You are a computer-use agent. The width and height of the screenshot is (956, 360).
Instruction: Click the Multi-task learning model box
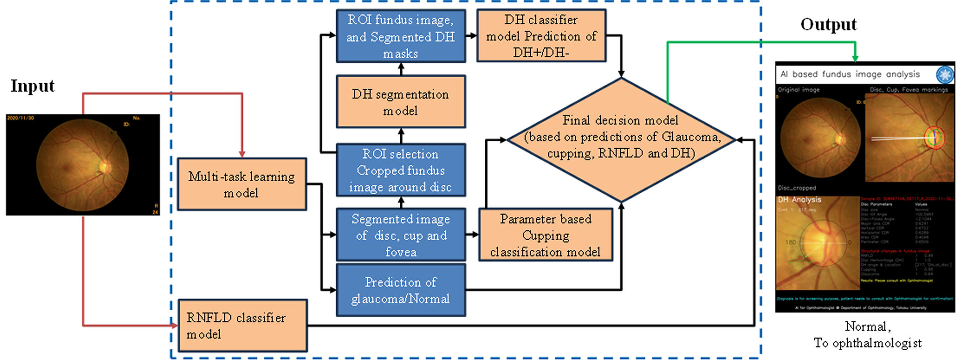click(242, 184)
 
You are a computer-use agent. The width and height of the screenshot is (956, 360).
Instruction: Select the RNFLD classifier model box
click(243, 326)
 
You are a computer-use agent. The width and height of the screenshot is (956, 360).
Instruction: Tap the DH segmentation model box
click(401, 102)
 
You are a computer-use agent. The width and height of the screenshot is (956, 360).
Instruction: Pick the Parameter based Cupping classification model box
click(545, 235)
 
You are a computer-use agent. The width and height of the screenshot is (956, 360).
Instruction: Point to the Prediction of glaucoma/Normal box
click(401, 290)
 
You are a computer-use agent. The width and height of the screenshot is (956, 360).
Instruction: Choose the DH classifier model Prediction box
click(541, 36)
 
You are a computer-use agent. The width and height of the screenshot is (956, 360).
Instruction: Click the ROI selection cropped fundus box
click(401, 170)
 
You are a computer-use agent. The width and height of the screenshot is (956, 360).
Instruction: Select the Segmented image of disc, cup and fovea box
click(401, 235)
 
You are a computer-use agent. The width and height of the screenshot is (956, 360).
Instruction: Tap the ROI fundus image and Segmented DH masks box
click(401, 36)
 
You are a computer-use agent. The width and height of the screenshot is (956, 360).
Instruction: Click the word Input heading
click(32, 86)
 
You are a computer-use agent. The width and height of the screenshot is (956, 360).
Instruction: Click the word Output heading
click(828, 24)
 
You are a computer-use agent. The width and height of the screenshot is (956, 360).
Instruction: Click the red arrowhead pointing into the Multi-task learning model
click(242, 154)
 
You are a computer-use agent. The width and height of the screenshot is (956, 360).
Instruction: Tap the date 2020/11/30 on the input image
click(20, 118)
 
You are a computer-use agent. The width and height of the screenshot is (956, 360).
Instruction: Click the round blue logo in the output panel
click(944, 74)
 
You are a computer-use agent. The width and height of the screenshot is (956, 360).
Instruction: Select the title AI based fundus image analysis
click(850, 74)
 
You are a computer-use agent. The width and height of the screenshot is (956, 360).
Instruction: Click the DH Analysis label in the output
click(800, 200)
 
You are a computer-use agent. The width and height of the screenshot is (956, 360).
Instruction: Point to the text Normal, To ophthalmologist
click(868, 335)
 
